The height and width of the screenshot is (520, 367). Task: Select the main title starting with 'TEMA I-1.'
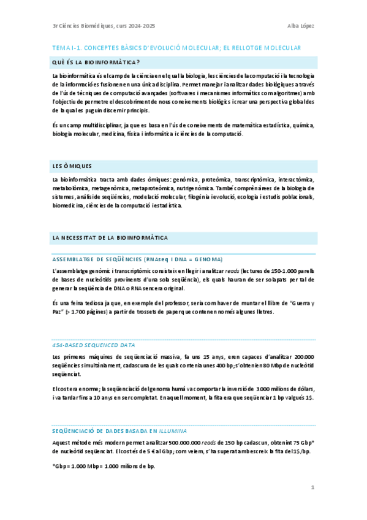pyautogui.click(x=176, y=47)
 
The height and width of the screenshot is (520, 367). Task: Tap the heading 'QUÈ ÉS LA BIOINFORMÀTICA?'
pyautogui.click(x=96, y=62)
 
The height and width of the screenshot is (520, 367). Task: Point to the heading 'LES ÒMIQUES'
pyautogui.click(x=72, y=166)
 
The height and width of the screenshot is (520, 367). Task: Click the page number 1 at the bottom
pyautogui.click(x=312, y=487)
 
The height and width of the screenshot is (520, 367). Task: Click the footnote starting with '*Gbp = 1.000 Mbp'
pyautogui.click(x=104, y=466)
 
